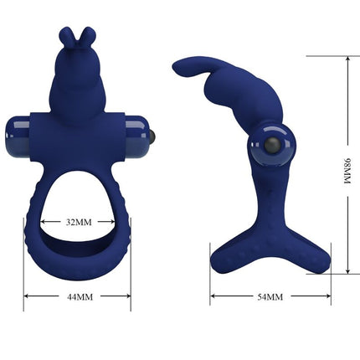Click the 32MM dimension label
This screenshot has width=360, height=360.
(x=78, y=222)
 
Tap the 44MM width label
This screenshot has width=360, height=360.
(x=78, y=296)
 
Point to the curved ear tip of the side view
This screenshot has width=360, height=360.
(x=177, y=66)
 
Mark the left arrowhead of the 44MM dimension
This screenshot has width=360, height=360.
(x=26, y=296)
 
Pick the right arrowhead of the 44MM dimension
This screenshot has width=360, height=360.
(x=129, y=296)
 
